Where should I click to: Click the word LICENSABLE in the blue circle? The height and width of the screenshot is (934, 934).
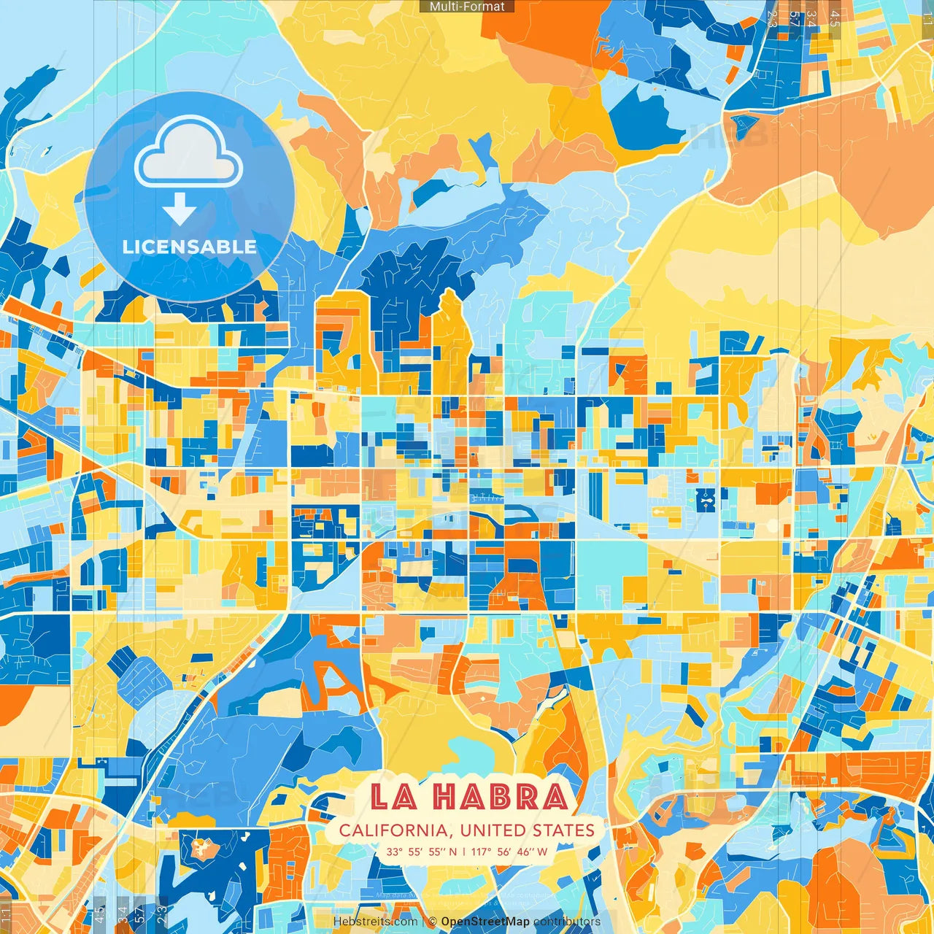190,247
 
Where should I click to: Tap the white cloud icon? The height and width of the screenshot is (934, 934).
188,154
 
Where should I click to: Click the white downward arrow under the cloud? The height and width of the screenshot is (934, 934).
180,209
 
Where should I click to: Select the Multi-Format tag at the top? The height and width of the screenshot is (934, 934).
467,7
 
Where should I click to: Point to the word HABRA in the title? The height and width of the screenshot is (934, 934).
501,797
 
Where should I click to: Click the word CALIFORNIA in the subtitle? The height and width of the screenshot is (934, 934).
393,830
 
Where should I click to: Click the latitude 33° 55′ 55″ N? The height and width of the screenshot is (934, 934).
422,851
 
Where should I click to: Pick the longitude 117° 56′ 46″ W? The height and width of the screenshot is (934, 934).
509,851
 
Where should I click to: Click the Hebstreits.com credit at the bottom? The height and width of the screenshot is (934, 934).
375,922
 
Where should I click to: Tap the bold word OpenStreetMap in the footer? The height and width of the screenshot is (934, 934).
485,922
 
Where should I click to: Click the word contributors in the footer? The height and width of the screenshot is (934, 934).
567,922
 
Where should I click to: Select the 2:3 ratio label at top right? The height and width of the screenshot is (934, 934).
772,18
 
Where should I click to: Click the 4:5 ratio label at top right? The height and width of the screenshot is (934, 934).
835,18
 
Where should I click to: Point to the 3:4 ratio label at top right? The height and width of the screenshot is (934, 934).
811,18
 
